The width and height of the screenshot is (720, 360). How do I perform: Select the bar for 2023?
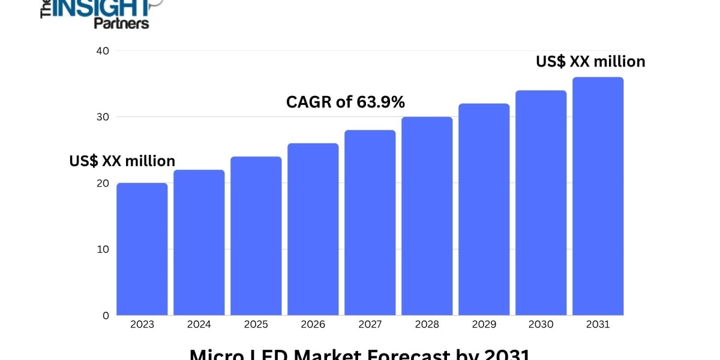point(142,249)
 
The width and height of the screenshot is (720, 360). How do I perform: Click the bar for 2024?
point(199,242)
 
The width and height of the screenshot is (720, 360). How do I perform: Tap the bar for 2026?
point(313,229)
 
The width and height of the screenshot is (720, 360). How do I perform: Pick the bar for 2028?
point(427,216)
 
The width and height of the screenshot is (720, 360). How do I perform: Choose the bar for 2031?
point(598,196)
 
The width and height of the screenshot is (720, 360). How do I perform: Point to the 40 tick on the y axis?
point(102,51)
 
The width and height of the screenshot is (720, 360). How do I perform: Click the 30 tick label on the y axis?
point(102,117)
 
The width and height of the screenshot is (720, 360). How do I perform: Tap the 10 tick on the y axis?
point(102,249)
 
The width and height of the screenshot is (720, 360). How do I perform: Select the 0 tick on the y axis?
point(106,315)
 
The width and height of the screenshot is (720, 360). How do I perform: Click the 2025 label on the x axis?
point(256,325)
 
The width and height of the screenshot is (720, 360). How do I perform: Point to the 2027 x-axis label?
point(370,325)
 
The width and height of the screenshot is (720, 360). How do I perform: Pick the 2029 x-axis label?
point(484,325)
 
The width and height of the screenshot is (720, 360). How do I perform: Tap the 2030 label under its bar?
point(541,325)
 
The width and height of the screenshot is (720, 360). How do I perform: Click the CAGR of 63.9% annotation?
point(346,103)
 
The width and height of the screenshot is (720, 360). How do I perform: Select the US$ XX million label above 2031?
point(590,61)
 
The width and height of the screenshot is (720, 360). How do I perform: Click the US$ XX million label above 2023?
point(122,161)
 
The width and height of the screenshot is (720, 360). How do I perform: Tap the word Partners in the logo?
point(121,23)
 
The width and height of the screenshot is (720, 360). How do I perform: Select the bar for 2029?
point(484,209)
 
